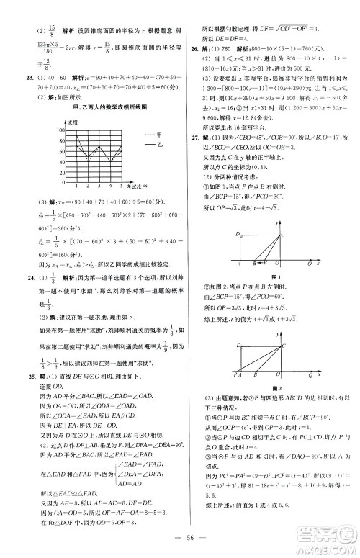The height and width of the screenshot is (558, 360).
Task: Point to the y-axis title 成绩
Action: pyautogui.click(x=72, y=122)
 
